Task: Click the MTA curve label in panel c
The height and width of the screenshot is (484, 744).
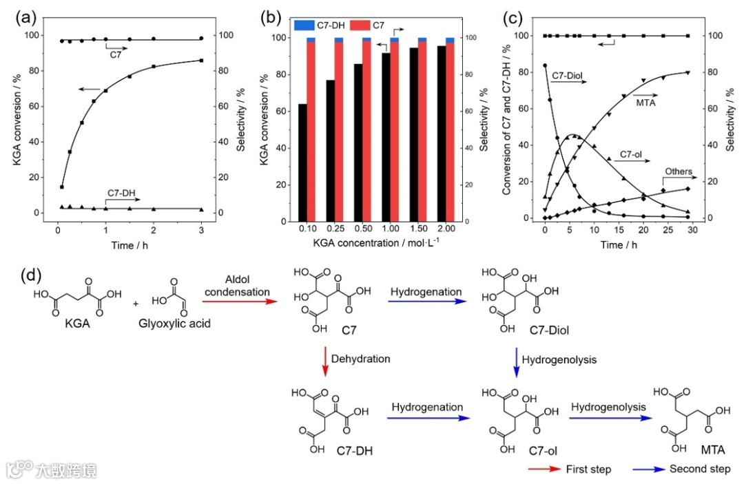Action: click(645, 103)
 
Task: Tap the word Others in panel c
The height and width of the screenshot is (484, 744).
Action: click(678, 171)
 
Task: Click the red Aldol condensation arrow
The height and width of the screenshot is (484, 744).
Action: click(238, 301)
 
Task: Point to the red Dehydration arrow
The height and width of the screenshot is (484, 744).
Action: click(325, 361)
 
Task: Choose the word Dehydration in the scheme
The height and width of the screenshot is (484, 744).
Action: click(360, 359)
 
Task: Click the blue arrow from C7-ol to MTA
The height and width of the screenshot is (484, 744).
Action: click(609, 415)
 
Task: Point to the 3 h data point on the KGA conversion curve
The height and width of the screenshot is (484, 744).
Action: click(201, 61)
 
